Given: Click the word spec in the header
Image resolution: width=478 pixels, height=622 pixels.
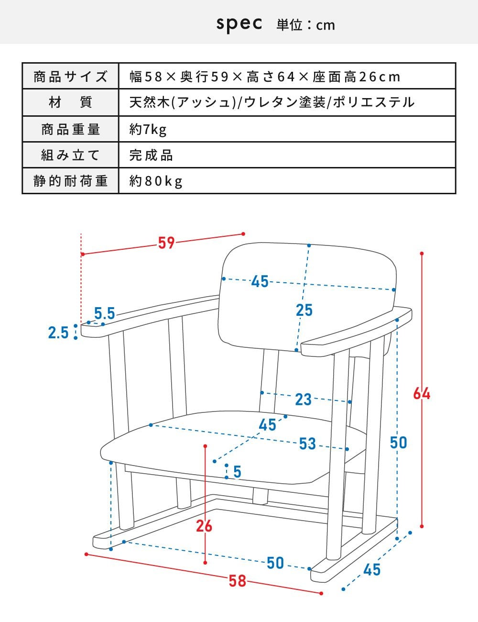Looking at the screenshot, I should [239, 23].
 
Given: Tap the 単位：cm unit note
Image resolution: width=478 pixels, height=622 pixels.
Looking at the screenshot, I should [305, 25].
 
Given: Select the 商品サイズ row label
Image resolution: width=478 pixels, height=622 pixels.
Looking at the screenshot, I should [70, 77].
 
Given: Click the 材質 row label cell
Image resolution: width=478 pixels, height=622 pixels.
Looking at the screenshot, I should [70, 102].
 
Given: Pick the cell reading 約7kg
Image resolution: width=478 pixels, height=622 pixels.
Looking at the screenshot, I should [148, 129].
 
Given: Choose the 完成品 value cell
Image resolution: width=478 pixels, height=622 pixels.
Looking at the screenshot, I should [151, 155].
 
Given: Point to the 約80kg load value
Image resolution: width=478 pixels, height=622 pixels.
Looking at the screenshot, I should [156, 181].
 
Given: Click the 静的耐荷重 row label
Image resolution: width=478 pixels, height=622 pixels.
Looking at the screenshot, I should [70, 181].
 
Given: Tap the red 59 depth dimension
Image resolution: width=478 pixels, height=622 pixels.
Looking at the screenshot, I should [166, 243].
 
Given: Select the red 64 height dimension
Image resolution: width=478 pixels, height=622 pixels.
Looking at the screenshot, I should [422, 394].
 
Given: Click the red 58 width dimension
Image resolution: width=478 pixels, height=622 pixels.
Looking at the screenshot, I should [237, 581].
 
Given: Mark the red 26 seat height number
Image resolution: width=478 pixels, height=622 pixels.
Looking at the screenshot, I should [204, 526].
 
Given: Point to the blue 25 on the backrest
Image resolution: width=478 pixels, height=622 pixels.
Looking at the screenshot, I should [304, 311].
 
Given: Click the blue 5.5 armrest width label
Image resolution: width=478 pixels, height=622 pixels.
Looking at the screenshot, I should [104, 313].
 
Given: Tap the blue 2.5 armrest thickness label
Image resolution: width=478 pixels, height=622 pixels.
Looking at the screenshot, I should [58, 332].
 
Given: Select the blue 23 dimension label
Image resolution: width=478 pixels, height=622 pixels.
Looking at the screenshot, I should [303, 399].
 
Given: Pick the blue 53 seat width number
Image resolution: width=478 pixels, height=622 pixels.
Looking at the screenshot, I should [307, 444].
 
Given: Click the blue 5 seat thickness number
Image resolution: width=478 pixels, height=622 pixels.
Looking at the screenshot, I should [237, 472].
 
